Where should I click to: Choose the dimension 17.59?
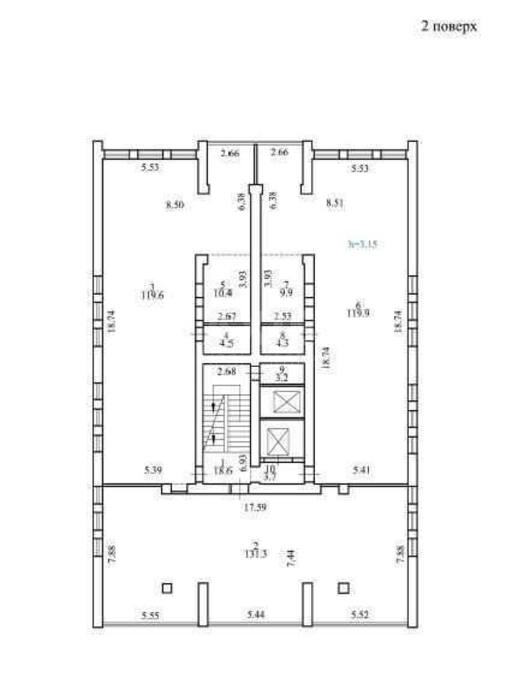point(255,507)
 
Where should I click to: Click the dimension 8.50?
point(175,205)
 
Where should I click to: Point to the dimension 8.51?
point(335,204)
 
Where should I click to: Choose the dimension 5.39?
point(153,469)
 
